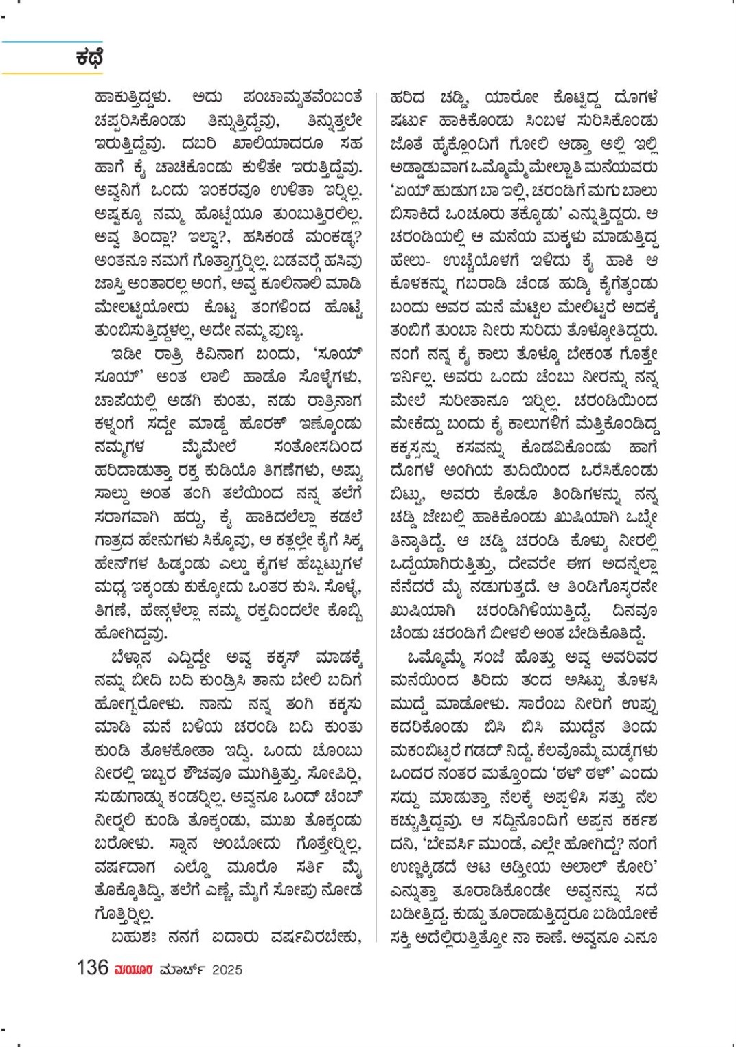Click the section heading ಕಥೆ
tap(89, 58)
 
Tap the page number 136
tap(93, 968)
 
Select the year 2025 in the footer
tap(227, 969)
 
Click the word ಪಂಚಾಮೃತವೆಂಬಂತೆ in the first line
tap(302, 97)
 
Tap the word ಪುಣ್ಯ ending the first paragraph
tap(286, 331)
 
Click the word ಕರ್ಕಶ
tap(634, 820)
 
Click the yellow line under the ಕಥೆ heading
tap(51, 73)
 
